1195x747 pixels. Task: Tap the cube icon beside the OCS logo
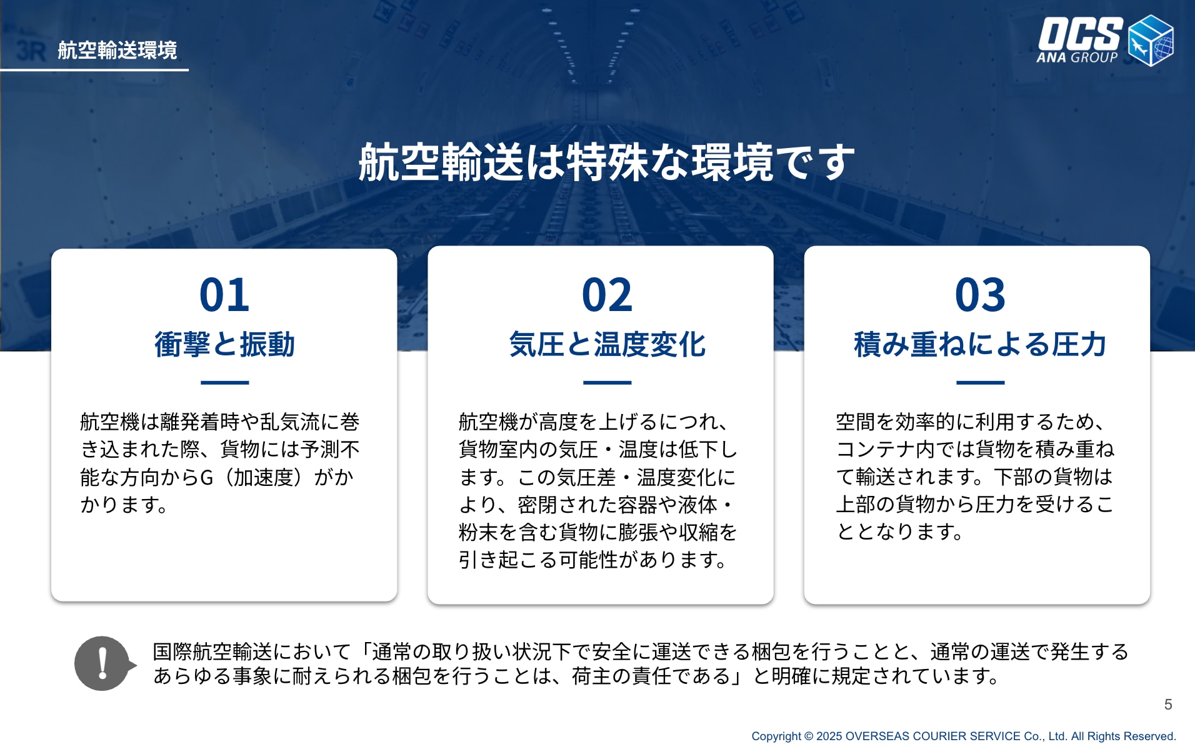pyautogui.click(x=1151, y=41)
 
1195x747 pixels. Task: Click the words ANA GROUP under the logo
pyautogui.click(x=1077, y=57)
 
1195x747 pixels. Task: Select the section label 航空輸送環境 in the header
pyautogui.click(x=117, y=50)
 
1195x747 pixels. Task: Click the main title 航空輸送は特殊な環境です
pyautogui.click(x=606, y=162)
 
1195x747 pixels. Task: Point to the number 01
pyautogui.click(x=224, y=295)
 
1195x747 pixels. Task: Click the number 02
pyautogui.click(x=607, y=295)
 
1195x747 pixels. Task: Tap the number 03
pyautogui.click(x=980, y=295)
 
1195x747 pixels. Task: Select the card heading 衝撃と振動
pyautogui.click(x=224, y=344)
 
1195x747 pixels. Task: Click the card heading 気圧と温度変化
pyautogui.click(x=607, y=344)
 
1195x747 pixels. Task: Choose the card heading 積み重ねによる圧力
pyautogui.click(x=980, y=344)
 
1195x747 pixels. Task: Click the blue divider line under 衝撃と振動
pyautogui.click(x=224, y=382)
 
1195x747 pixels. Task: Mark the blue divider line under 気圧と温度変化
pyautogui.click(x=607, y=382)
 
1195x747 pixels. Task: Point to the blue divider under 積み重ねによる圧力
pyautogui.click(x=980, y=382)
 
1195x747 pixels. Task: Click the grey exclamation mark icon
pyautogui.click(x=103, y=663)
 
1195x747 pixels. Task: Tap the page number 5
pyautogui.click(x=1168, y=705)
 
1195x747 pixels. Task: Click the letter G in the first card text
pyautogui.click(x=207, y=477)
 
